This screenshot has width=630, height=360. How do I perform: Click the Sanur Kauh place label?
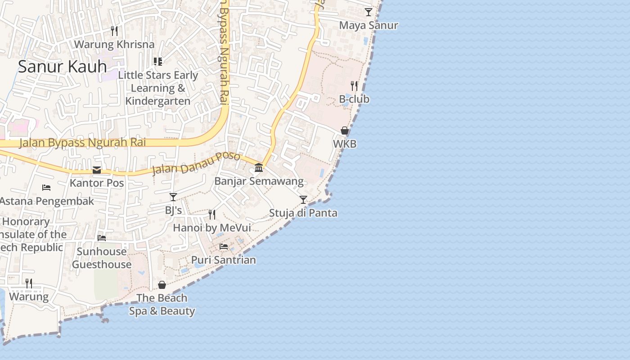[62, 67]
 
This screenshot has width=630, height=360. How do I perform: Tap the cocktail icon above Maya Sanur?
[369, 12]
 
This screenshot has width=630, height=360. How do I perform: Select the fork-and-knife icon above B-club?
[354, 85]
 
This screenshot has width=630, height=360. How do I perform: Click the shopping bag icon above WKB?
[345, 130]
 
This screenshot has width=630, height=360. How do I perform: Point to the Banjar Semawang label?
[259, 181]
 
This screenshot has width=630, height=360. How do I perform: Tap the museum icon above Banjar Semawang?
[259, 168]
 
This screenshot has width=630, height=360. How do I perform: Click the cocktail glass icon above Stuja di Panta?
[303, 199]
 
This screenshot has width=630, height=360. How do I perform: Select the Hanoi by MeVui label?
[212, 228]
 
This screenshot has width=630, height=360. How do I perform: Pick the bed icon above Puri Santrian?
[224, 246]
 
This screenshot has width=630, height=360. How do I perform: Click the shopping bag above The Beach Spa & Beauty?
[162, 285]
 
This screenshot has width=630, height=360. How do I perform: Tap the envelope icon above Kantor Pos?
[97, 170]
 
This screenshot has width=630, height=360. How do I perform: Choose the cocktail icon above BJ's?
[173, 197]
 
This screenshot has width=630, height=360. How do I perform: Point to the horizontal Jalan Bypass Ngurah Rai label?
[82, 143]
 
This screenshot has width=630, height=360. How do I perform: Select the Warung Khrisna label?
[114, 45]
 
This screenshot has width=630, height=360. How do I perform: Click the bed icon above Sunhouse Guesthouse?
[102, 238]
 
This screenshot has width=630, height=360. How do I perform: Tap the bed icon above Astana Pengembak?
[46, 187]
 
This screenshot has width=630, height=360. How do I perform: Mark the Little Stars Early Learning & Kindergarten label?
[157, 88]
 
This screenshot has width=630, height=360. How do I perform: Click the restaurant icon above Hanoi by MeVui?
[212, 214]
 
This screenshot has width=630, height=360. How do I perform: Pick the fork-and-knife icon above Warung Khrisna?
[114, 31]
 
